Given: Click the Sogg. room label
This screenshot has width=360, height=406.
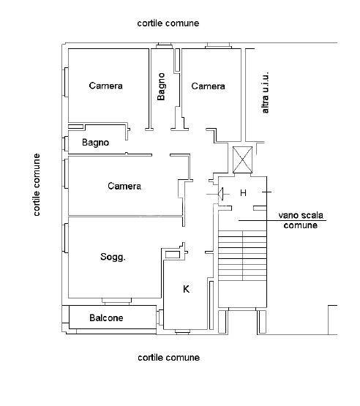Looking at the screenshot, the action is tap(113, 257).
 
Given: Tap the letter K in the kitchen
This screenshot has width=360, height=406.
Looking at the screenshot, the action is tap(186, 289).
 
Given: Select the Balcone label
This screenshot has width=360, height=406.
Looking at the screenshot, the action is tap(106, 317).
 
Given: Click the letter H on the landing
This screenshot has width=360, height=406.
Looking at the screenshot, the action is tap(243, 193).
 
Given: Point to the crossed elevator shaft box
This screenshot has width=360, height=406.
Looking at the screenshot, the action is tap(242, 159).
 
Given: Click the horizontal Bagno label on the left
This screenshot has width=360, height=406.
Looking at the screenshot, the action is tap(95, 143).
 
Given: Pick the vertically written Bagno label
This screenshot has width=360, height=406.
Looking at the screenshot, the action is tap(161, 86).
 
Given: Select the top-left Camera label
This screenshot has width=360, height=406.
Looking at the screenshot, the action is tap(105, 86).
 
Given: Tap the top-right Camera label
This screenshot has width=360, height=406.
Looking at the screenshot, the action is tap(208, 86).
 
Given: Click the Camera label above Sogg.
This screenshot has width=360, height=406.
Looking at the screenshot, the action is tap(124, 186).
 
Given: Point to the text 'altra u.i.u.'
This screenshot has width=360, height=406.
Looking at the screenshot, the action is tap(265, 92).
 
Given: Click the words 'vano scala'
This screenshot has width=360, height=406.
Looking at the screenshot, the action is tap(301, 215).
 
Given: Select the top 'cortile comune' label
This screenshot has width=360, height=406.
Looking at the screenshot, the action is tap(168, 23).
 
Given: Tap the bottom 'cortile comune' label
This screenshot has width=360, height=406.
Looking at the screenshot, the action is tap(168, 358).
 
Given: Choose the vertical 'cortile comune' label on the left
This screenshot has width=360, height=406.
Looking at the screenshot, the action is tap(37, 185).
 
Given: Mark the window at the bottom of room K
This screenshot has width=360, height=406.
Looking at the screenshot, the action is tap(182, 331).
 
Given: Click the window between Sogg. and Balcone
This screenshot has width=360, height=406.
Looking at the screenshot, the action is tap(116, 301).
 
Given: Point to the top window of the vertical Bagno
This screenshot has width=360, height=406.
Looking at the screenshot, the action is tap(165, 46).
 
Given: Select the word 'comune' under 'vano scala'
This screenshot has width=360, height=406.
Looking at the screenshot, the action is tap(301, 225).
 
